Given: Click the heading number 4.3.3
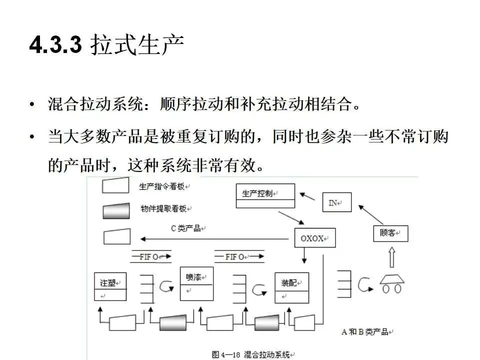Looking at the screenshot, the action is [55, 46].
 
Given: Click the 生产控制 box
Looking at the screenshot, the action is [264, 196].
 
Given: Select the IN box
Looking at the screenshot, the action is [336, 202].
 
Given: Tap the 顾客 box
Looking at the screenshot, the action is [390, 233].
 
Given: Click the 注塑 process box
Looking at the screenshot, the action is [110, 287].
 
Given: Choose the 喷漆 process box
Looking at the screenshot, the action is [196, 283].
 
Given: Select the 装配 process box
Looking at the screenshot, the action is [291, 287].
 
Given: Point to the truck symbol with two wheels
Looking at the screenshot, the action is [391, 284].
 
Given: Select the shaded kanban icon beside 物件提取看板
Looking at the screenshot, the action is [116, 210].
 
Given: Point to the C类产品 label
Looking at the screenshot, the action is [186, 228].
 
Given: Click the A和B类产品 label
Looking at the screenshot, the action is [367, 331].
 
